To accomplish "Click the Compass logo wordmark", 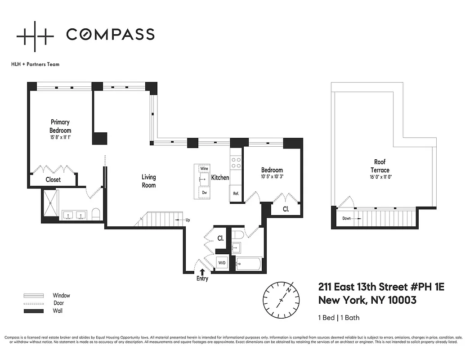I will pyautogui.click(x=110, y=34).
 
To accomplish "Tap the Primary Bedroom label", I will pyautogui.click(x=60, y=126).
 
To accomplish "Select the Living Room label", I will pyautogui.click(x=149, y=181).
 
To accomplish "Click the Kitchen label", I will pyautogui.click(x=220, y=178).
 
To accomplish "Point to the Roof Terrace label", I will pyautogui.click(x=380, y=166).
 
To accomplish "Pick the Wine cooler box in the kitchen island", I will pyautogui.click(x=204, y=168).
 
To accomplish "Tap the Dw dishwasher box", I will pyautogui.click(x=204, y=192).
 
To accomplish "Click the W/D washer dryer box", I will pyautogui.click(x=222, y=262).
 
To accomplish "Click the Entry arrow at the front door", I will pyautogui.click(x=202, y=272).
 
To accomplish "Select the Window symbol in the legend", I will pyautogui.click(x=34, y=296).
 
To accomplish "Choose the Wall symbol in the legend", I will pyautogui.click(x=34, y=311).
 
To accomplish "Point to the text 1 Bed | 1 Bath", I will pyautogui.click(x=339, y=318).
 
